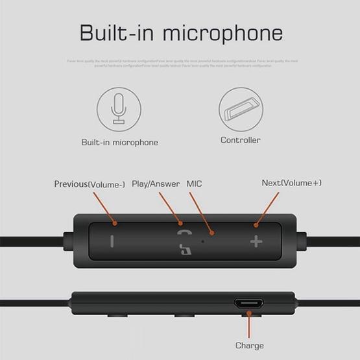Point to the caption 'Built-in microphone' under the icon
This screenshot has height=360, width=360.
point(119,142)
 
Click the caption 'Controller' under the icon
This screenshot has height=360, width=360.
point(241,140)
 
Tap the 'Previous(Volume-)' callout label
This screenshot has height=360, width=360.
point(90,184)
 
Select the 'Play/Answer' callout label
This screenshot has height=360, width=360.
point(156,184)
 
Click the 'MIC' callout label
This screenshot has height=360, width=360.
point(195,184)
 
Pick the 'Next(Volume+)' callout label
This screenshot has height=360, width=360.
point(291,183)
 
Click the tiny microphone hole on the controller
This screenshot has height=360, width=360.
point(203,241)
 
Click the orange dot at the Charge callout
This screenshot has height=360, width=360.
point(250,315)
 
